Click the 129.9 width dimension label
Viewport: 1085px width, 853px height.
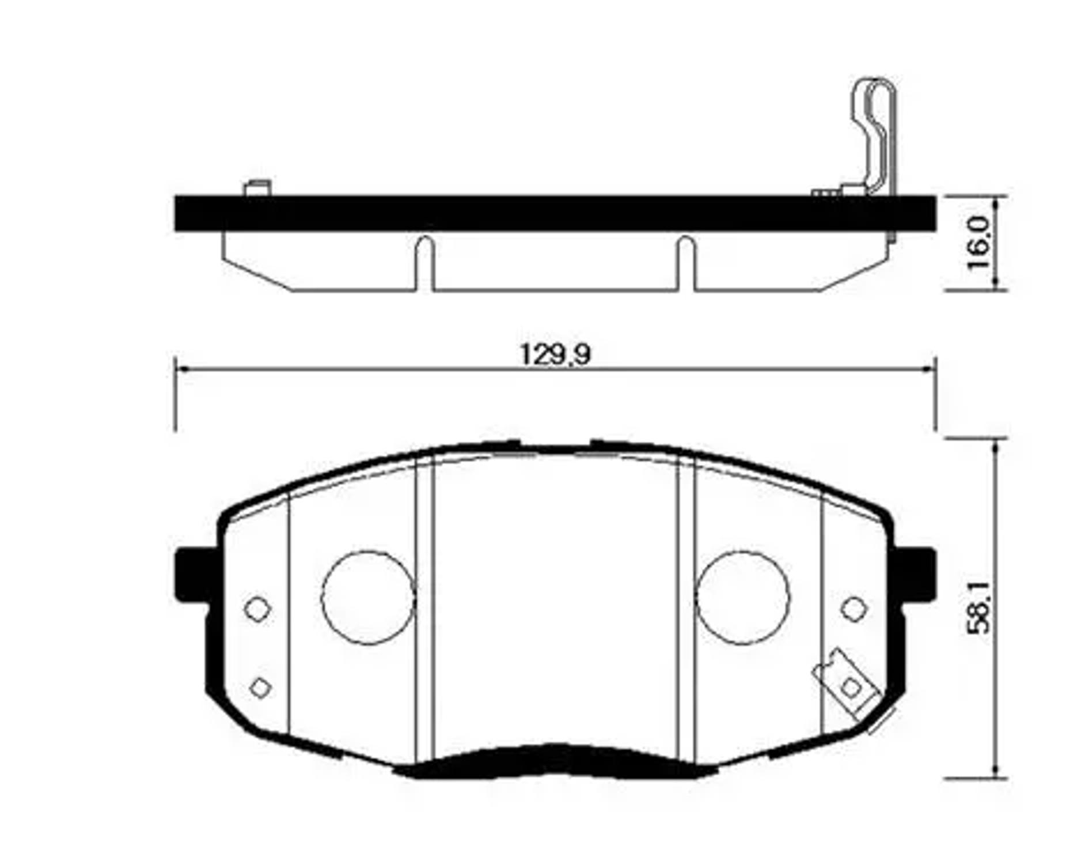tap(555, 354)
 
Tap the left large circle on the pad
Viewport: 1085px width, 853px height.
tap(368, 598)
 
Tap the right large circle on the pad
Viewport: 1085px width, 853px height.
tap(743, 598)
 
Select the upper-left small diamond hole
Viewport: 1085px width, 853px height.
tap(257, 609)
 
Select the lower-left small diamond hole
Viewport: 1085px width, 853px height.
tap(260, 687)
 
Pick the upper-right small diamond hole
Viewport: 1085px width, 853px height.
tap(853, 609)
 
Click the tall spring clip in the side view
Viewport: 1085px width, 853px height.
tap(875, 135)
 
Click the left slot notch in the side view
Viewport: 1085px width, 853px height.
tap(424, 262)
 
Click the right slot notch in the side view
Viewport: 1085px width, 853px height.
tap(685, 262)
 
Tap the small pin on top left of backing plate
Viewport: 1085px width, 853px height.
tap(257, 188)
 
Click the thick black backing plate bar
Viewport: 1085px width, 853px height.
tap(555, 213)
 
